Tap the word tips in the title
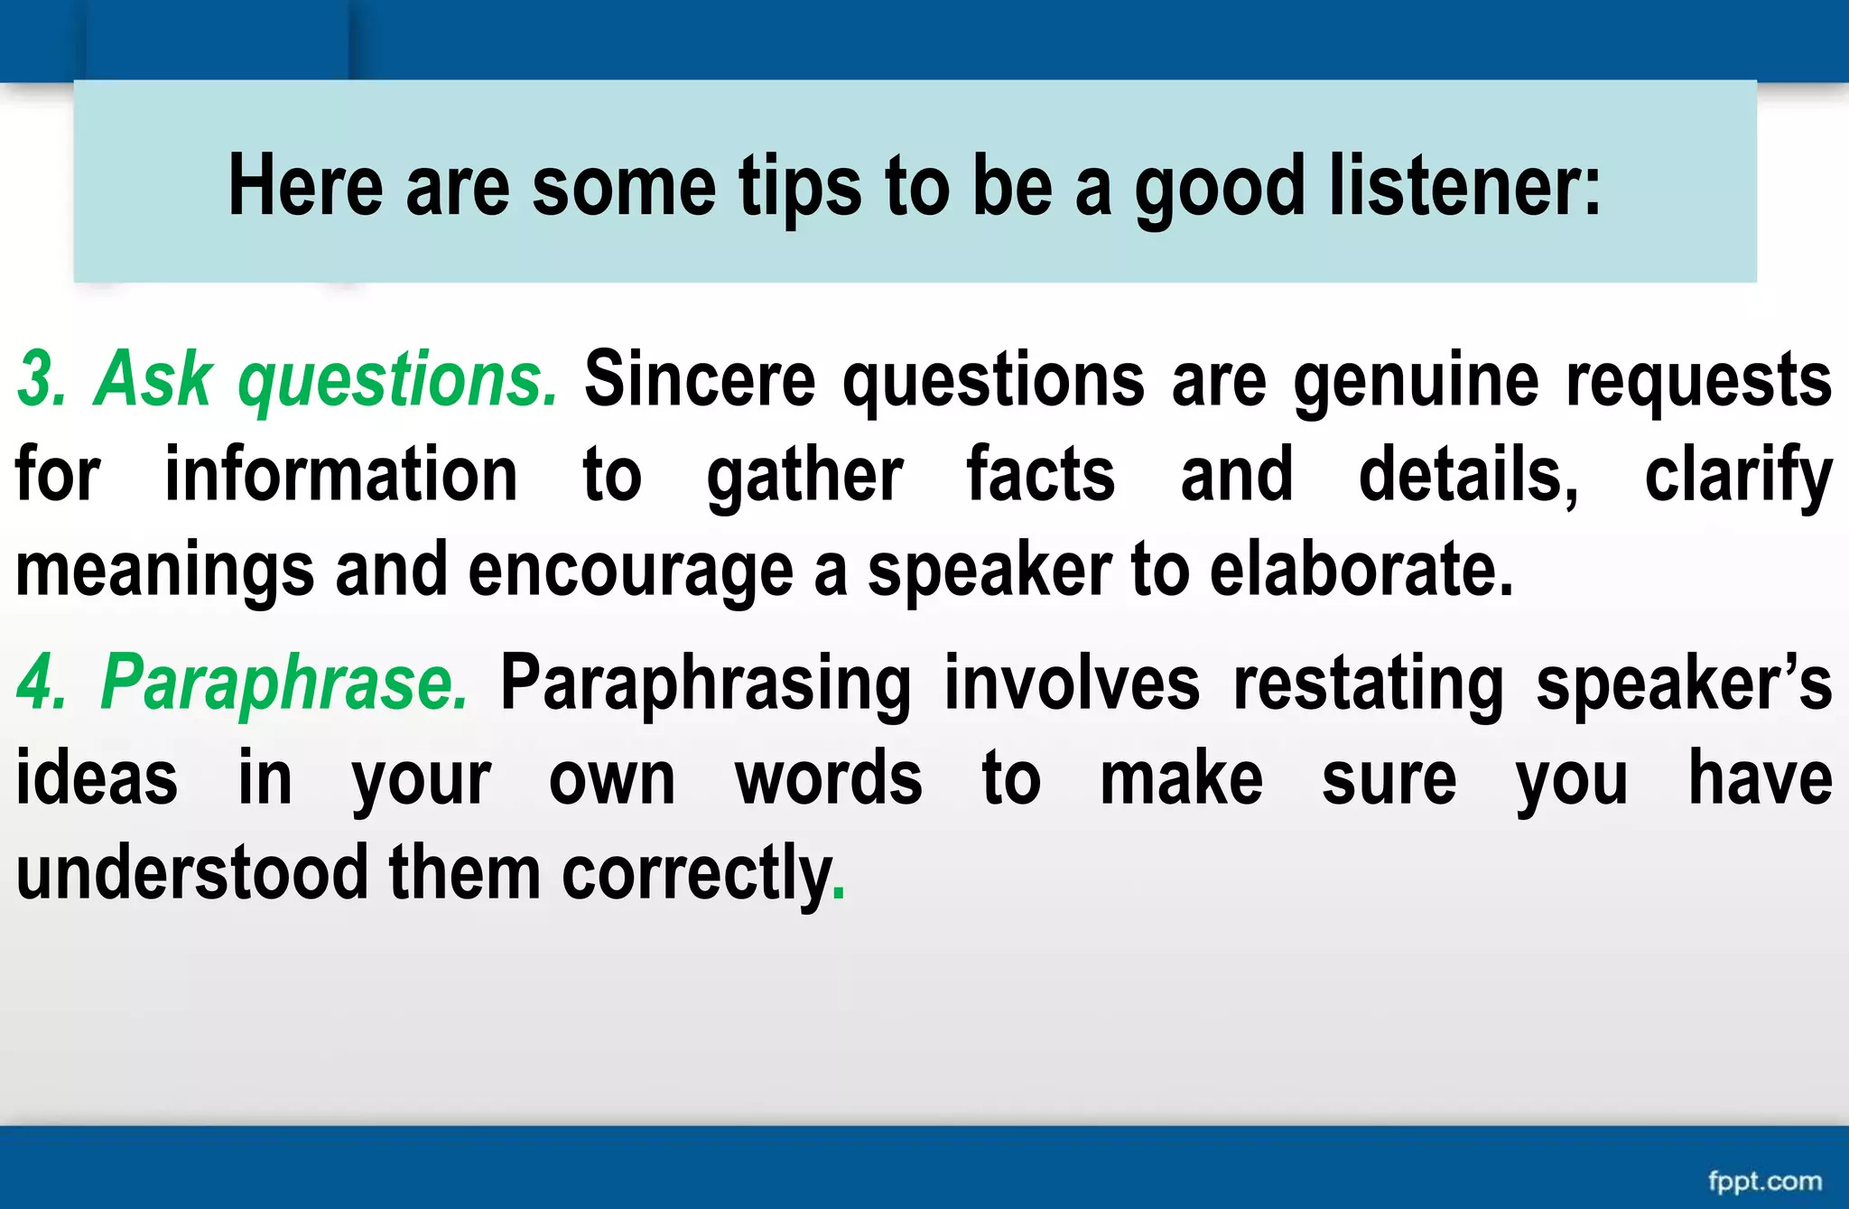coord(800,187)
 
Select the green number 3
coord(41,380)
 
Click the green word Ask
coord(153,380)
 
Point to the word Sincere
coord(700,380)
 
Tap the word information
coord(340,475)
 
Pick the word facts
coord(1040,475)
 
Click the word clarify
coord(1738,477)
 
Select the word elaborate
coord(1359,571)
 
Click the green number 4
coord(41,684)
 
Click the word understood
coord(192,873)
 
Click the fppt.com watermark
coord(1764,1180)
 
